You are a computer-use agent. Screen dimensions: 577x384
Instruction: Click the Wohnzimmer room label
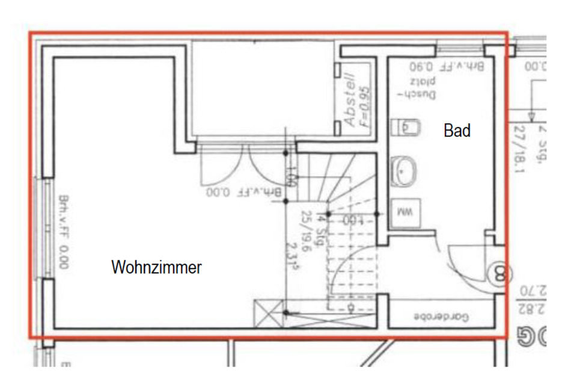156,267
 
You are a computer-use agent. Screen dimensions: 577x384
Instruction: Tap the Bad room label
457,130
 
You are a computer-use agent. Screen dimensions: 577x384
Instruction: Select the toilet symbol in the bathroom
404,127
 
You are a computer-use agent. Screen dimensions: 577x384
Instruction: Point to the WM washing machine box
401,212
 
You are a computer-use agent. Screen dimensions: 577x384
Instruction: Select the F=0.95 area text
365,105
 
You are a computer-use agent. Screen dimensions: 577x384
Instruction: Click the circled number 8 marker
499,274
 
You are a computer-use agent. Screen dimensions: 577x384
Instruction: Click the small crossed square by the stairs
269,314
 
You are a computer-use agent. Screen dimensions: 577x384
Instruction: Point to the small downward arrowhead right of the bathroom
531,114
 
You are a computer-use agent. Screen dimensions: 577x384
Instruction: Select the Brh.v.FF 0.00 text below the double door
243,193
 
